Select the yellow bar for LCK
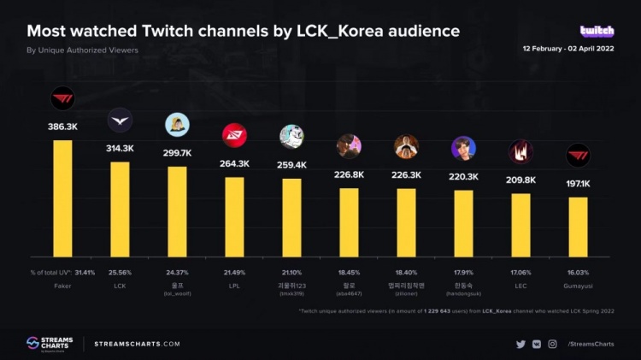(x=120, y=209)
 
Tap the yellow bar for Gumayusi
(x=578, y=227)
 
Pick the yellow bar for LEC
(x=520, y=225)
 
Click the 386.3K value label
(x=62, y=127)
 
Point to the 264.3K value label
(x=234, y=163)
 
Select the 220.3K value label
(x=463, y=176)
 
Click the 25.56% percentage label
(x=120, y=271)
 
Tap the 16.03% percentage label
(x=578, y=271)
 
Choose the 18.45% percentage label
(x=349, y=271)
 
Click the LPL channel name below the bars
(x=234, y=285)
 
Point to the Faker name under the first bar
(x=62, y=285)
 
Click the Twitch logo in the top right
(x=597, y=31)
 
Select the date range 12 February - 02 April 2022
(x=568, y=49)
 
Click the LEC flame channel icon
(x=520, y=151)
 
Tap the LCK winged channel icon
(x=120, y=121)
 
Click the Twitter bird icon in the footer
(x=520, y=344)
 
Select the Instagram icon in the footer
(x=552, y=344)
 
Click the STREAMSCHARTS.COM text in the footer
(x=137, y=344)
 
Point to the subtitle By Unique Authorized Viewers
(x=82, y=50)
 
